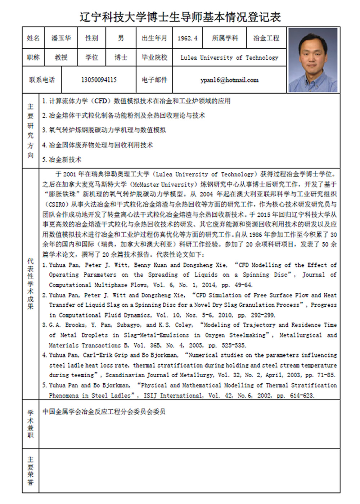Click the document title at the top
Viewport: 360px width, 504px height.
click(180, 17)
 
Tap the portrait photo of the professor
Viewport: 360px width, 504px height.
click(313, 60)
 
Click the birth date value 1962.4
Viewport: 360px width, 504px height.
click(187, 38)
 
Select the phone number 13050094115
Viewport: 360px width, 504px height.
click(99, 80)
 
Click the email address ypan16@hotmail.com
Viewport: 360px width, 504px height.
click(229, 80)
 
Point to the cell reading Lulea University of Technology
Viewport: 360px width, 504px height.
click(229, 58)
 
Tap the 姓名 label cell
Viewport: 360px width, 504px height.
click(33, 38)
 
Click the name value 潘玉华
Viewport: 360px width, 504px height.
click(61, 38)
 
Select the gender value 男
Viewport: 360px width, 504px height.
click(121, 38)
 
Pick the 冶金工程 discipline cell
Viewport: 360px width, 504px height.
click(266, 38)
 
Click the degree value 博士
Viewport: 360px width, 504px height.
click(121, 58)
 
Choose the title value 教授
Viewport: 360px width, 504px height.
click(61, 58)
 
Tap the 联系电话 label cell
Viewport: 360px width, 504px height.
click(42, 80)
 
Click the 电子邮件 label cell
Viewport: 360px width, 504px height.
click(154, 80)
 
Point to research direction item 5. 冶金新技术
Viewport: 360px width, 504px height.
click(62, 159)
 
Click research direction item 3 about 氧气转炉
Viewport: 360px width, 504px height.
click(104, 130)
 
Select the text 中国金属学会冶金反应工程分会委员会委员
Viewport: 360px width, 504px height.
click(104, 411)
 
